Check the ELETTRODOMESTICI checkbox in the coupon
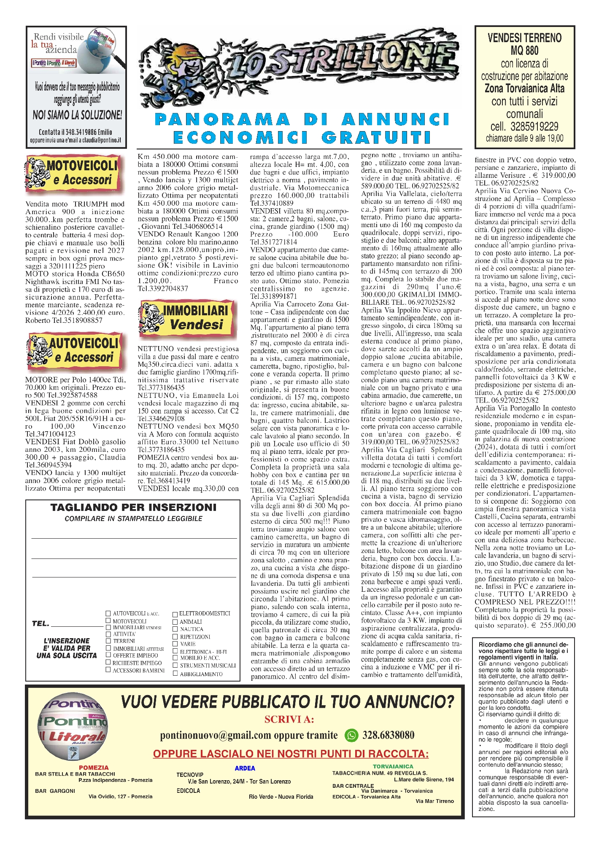point(175,614)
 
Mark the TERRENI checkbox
point(108,641)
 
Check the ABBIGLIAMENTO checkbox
point(175,674)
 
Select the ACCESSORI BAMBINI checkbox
point(108,670)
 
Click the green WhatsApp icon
point(351,735)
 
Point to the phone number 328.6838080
point(388,735)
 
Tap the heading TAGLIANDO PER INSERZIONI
point(133,507)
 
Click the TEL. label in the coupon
point(40,624)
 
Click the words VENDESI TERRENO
point(524,38)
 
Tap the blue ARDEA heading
point(245,768)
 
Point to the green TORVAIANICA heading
point(393,766)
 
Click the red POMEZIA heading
point(94,768)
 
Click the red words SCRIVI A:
point(289,720)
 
